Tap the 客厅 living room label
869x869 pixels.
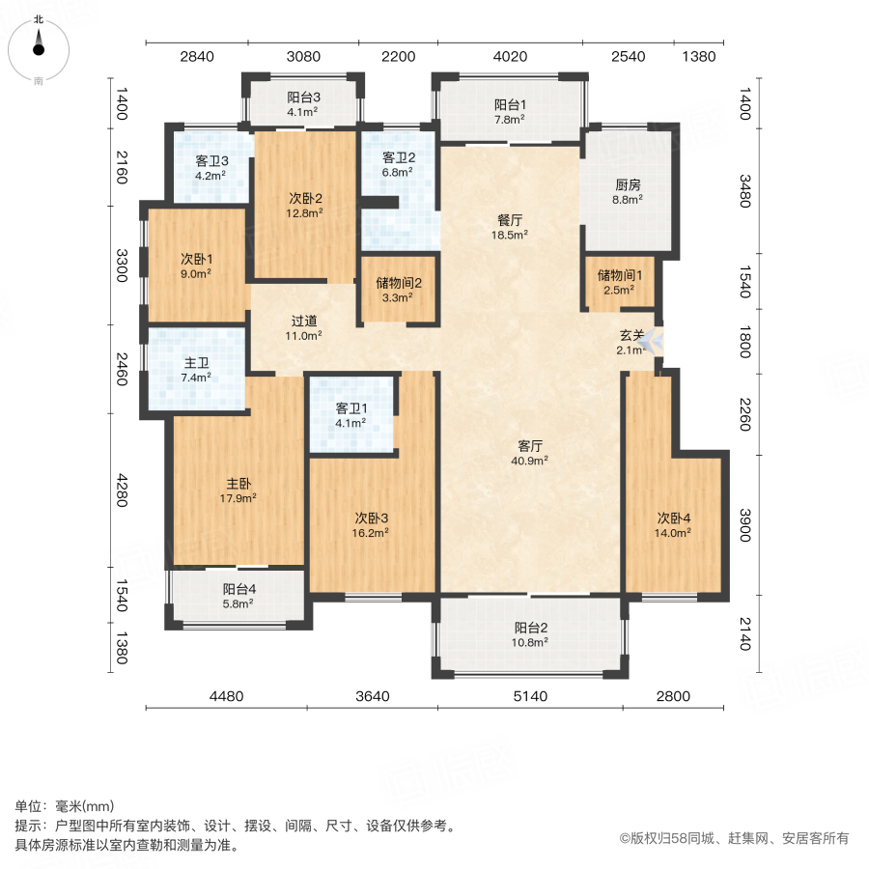pos(530,446)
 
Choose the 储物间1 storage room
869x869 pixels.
pos(619,282)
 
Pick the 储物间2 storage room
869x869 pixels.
pos(399,290)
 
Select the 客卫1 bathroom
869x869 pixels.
pos(350,414)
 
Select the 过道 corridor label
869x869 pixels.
pos(305,321)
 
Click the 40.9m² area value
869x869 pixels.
pos(530,461)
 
